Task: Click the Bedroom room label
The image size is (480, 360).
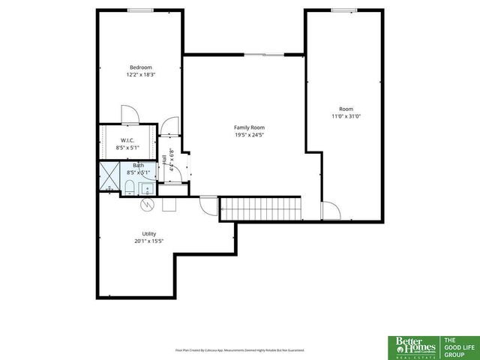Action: coord(140,67)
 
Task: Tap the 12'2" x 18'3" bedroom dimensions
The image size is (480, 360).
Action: coord(140,74)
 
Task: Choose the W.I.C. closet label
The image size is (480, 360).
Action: coord(127,140)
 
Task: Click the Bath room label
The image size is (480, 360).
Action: coord(138,165)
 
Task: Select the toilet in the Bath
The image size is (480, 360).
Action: coord(129,186)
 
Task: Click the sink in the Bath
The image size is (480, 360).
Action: coord(147,187)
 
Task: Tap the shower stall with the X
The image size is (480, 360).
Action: coord(109,179)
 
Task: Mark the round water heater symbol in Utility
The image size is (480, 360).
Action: coord(148,203)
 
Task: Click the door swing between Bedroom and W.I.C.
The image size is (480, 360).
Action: coord(129,115)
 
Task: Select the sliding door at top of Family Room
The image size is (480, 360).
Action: coord(263,54)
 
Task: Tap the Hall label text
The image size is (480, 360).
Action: coord(164,160)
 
